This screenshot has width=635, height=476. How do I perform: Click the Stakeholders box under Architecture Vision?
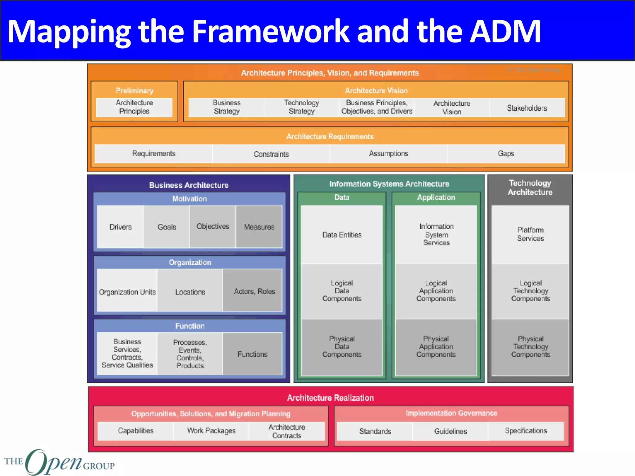(527, 108)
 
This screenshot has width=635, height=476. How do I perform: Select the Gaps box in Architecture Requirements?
(506, 154)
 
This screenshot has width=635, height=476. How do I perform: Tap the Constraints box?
(271, 154)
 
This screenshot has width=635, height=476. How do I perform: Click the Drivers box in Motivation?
(121, 227)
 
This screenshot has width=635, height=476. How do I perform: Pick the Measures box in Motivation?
(259, 227)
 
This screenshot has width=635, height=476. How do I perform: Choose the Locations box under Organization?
(190, 292)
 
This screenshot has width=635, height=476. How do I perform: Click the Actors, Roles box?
(254, 291)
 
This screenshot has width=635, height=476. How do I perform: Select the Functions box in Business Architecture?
(252, 354)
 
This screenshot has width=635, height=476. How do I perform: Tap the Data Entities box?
(342, 235)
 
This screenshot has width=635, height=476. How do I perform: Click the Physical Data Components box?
(342, 347)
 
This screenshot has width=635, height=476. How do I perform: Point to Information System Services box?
(436, 235)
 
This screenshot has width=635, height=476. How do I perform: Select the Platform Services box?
(530, 234)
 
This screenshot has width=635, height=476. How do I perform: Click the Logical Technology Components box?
(531, 291)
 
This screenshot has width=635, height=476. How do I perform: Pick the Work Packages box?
(211, 431)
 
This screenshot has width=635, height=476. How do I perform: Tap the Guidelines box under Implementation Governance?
(450, 431)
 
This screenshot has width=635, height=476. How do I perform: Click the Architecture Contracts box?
(287, 431)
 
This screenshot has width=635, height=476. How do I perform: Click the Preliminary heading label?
(135, 90)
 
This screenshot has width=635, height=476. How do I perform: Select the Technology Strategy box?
(301, 107)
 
